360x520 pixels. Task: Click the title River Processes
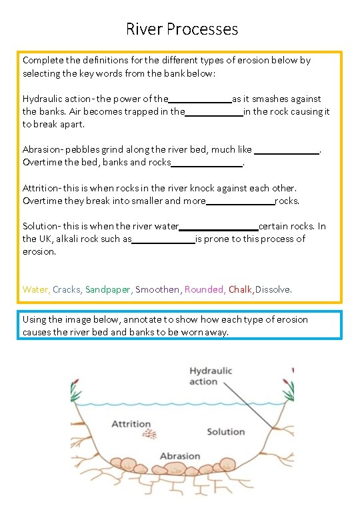tap(181, 29)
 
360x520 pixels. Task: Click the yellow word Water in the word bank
tap(35, 289)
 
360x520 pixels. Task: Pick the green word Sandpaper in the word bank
tap(109, 289)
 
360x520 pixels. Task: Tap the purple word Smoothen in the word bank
tap(157, 289)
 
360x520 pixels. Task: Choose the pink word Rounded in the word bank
tap(204, 289)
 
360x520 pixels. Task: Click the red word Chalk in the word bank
tap(240, 289)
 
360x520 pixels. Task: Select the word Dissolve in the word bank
tap(273, 289)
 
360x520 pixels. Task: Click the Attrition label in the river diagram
tap(131, 424)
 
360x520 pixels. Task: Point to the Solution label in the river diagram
tap(225, 432)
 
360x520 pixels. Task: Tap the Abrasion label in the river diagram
tap(179, 456)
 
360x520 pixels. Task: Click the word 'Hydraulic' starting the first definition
tap(41, 99)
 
